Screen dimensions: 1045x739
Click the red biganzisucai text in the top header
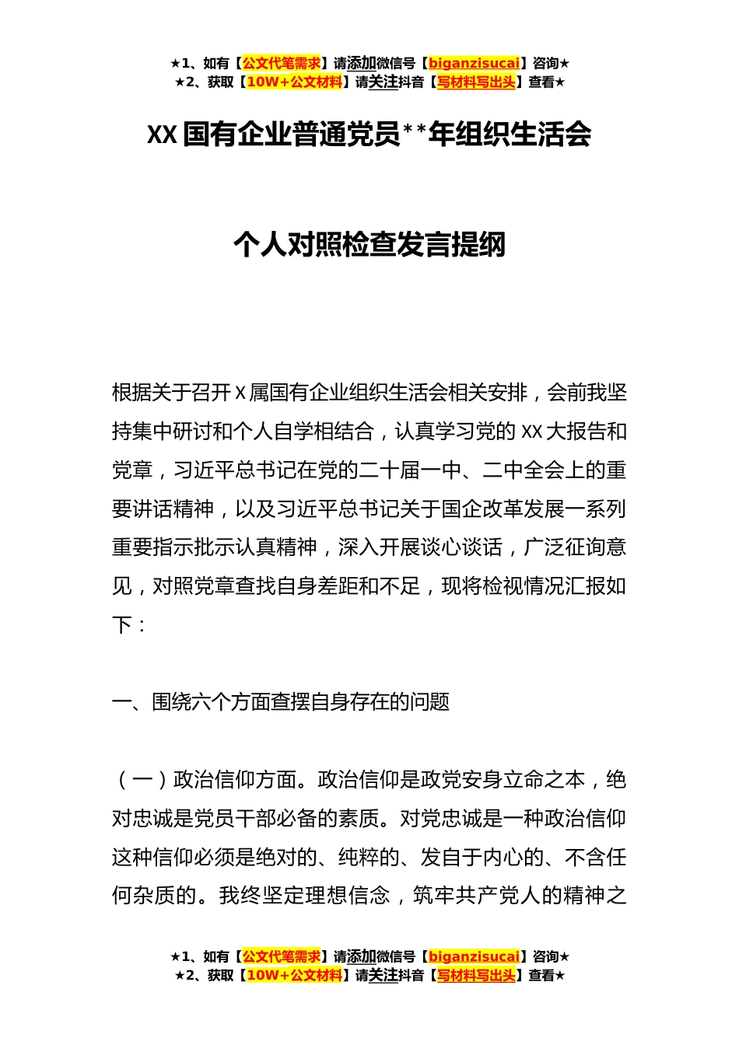click(x=474, y=64)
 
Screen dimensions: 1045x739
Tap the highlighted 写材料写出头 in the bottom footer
click(x=476, y=975)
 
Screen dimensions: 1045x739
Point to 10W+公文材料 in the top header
click(x=294, y=82)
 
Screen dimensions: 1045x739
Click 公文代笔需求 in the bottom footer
click(x=282, y=956)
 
